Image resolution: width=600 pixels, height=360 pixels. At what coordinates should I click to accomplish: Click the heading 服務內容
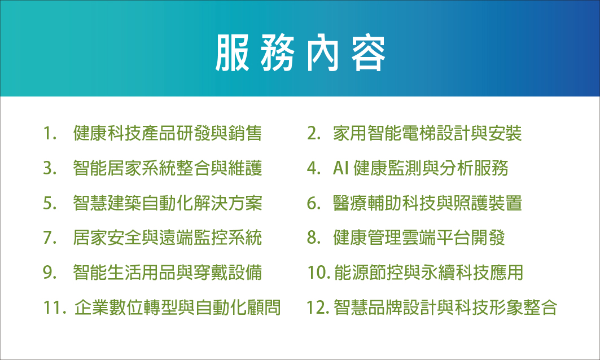pos(300,53)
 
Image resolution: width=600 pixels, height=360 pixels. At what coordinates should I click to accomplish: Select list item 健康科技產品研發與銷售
pos(168,133)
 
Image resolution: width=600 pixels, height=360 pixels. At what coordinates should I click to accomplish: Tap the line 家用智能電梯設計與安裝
pos(427,133)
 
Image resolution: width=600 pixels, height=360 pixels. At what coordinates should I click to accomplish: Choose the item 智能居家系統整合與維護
pos(168,168)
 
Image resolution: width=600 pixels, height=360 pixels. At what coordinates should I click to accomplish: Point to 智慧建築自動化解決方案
pos(168,203)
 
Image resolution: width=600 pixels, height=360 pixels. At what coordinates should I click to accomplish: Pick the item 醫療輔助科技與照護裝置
pos(427,203)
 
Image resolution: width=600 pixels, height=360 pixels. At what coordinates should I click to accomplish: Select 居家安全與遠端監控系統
pos(168,238)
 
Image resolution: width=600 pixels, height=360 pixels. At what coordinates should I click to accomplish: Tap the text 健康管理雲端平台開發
pos(419,238)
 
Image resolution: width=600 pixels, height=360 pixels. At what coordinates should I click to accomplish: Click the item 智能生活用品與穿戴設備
pos(168,273)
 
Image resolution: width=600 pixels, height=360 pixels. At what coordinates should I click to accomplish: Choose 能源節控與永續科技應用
pos(428,273)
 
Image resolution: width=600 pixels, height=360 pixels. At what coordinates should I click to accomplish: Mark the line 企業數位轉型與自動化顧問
pos(178,307)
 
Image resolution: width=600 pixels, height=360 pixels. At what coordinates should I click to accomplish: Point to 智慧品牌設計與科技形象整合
pos(445,307)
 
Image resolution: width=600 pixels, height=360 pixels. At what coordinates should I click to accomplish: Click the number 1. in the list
pos(50,134)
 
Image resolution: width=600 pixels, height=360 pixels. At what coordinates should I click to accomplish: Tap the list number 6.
pos(314,203)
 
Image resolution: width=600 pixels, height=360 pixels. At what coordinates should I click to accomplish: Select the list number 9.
pos(50,273)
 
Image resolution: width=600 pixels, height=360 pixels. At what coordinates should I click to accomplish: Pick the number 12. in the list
pos(318,308)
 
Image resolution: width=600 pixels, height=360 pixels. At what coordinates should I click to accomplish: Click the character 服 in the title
pos(233,53)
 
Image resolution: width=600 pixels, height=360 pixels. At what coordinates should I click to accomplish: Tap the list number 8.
pos(314,238)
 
